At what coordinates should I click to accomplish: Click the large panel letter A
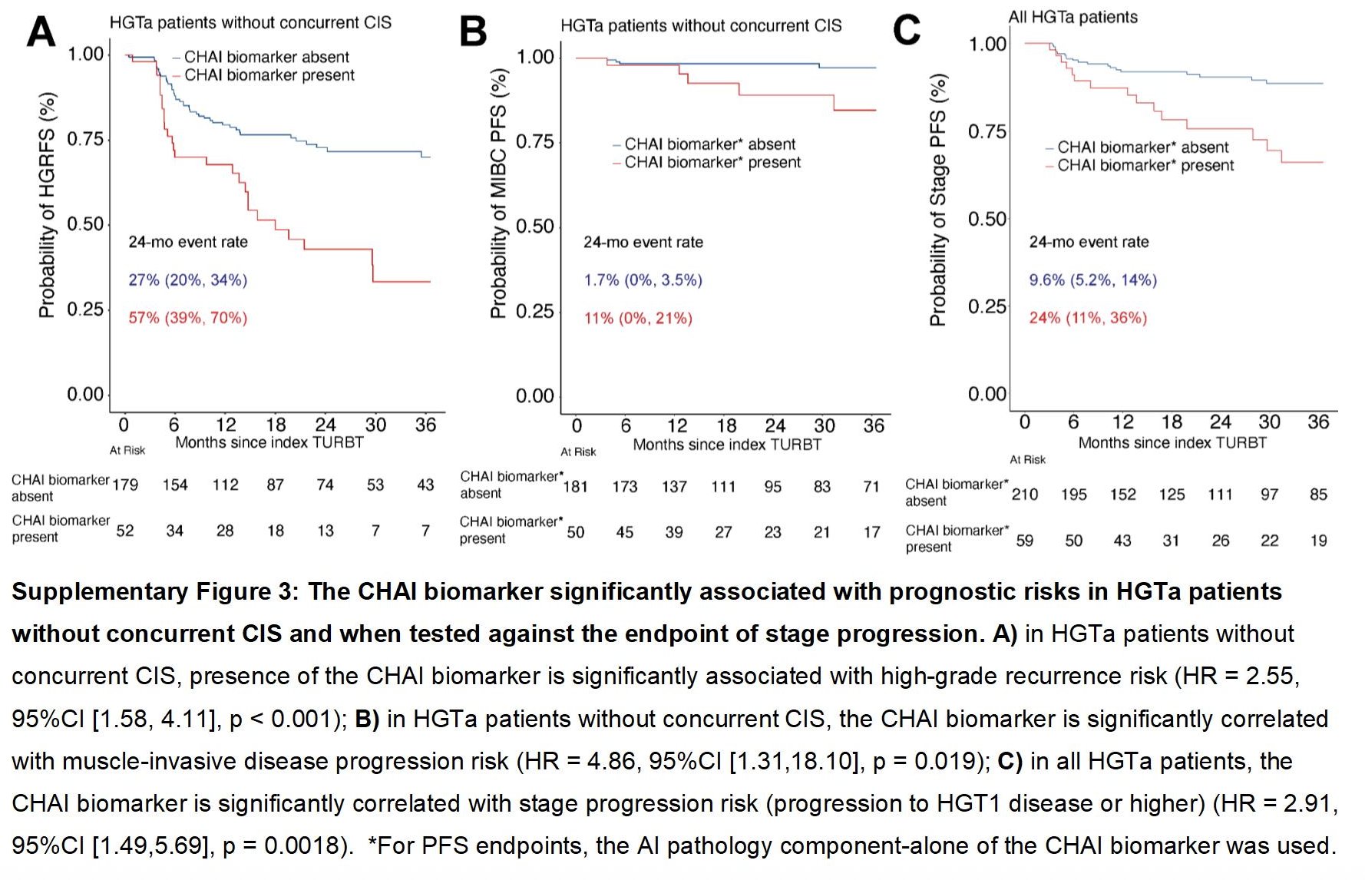(41, 33)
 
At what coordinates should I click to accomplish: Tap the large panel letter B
(473, 32)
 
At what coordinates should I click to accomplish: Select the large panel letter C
(907, 31)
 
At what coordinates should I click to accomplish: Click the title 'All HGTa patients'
(1072, 17)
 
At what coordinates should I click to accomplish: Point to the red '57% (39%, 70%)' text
(187, 318)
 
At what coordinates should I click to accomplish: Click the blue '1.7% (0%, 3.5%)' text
(643, 280)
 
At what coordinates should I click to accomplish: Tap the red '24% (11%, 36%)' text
(1088, 318)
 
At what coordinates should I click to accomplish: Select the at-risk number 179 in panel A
(125, 485)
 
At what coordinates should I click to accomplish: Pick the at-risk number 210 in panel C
(1024, 495)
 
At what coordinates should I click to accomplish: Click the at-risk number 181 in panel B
(575, 487)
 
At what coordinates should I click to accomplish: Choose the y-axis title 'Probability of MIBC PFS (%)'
(499, 193)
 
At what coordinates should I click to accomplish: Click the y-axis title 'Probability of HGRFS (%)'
(47, 205)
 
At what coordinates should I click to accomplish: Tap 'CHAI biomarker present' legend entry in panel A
(269, 75)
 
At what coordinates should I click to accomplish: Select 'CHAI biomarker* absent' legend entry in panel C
(1142, 147)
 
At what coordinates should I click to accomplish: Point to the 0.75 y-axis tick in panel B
(534, 142)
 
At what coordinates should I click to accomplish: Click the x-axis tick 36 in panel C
(1317, 422)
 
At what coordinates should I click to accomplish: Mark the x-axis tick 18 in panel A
(276, 425)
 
